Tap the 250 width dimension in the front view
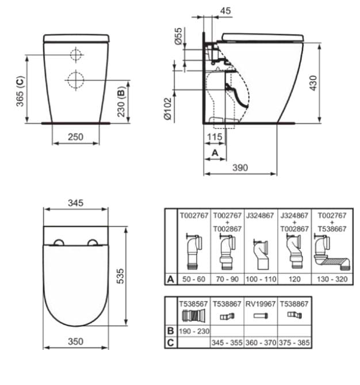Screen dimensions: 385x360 pyautogui.click(x=75, y=137)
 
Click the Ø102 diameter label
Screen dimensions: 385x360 pyautogui.click(x=167, y=108)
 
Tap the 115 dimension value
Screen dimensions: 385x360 pyautogui.click(x=215, y=137)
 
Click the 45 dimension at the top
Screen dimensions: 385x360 pyautogui.click(x=225, y=9)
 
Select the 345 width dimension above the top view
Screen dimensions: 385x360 pyautogui.click(x=76, y=203)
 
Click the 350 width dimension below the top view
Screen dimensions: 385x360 pyautogui.click(x=76, y=341)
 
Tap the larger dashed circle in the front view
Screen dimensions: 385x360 pyautogui.click(x=75, y=79)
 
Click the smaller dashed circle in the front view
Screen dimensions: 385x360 pyautogui.click(x=75, y=55)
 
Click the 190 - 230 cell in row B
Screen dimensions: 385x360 pyautogui.click(x=193, y=331)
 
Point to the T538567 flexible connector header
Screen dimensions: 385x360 pyautogui.click(x=193, y=300)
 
